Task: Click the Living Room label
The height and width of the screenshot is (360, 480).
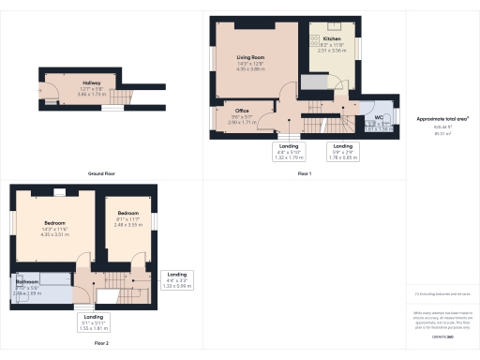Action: click(250, 58)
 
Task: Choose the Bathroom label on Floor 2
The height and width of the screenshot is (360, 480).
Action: click(27, 281)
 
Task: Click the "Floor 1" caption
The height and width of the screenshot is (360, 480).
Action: click(304, 174)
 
